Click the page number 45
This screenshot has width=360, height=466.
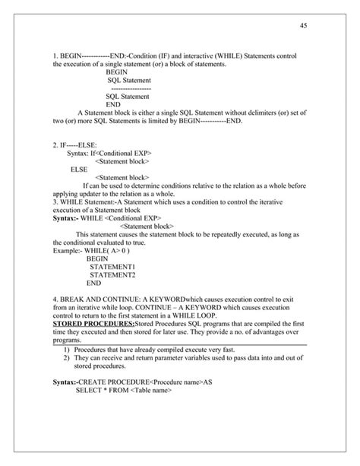[303, 27]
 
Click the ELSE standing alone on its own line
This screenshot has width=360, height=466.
[78, 169]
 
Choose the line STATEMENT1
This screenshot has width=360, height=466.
[112, 266]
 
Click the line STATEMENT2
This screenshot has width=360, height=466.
[112, 274]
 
